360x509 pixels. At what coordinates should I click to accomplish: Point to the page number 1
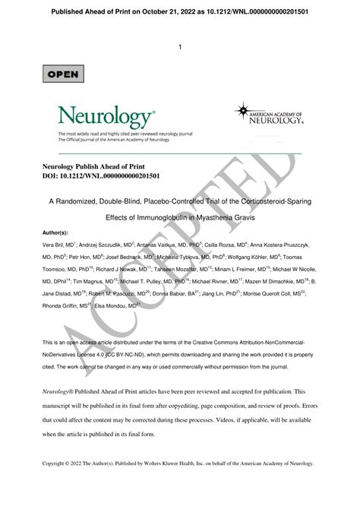point(180,47)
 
